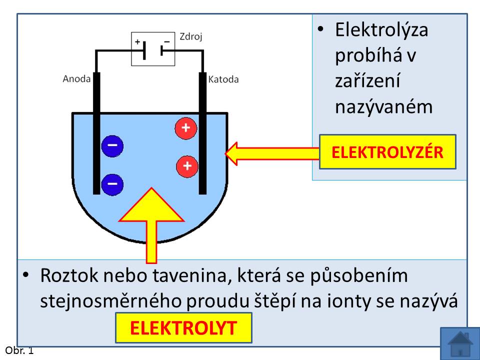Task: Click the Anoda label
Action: pyautogui.click(x=76, y=79)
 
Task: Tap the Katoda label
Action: pyautogui.click(x=223, y=79)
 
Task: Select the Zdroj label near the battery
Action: pyautogui.click(x=190, y=37)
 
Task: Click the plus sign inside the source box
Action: pyautogui.click(x=137, y=41)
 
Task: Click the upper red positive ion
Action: pyautogui.click(x=186, y=128)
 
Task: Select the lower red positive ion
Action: pyautogui.click(x=187, y=166)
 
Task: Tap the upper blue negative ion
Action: pyautogui.click(x=112, y=146)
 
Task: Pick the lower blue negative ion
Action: pyautogui.click(x=112, y=184)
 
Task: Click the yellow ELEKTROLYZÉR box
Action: pyautogui.click(x=387, y=152)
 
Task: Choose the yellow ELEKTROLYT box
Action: pyautogui.click(x=183, y=328)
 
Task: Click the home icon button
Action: pyautogui.click(x=460, y=343)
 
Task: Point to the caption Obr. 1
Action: pyautogui.click(x=19, y=350)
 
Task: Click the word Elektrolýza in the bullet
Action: pyautogui.click(x=381, y=30)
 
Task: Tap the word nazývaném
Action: pyautogui.click(x=383, y=107)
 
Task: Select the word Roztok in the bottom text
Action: pyautogui.click(x=69, y=275)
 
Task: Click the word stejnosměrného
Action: pyautogui.click(x=111, y=301)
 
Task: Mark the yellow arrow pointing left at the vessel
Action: pyautogui.click(x=272, y=153)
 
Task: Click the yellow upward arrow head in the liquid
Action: pyautogui.click(x=151, y=204)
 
